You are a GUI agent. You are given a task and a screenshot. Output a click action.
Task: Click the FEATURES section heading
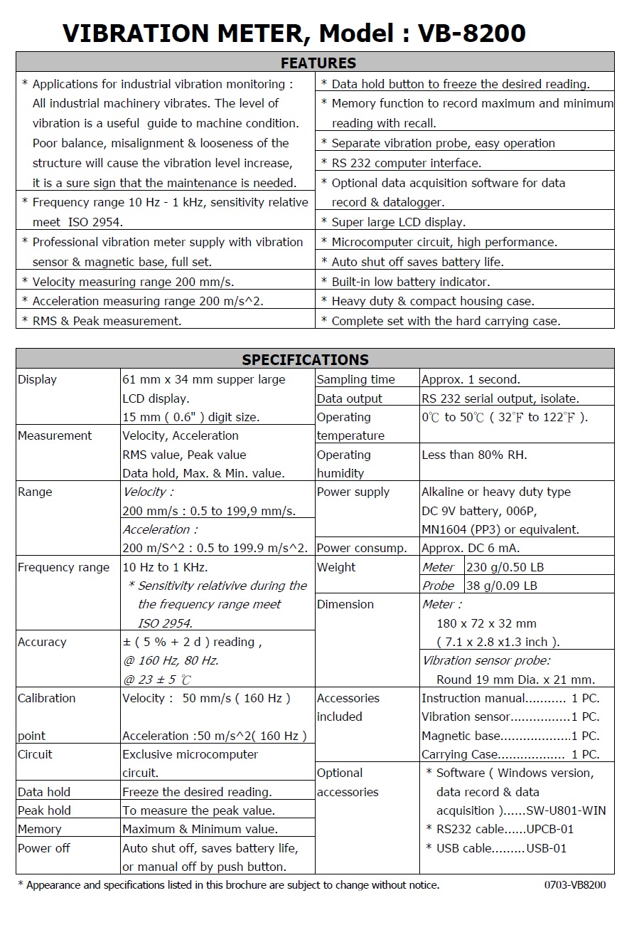tap(318, 63)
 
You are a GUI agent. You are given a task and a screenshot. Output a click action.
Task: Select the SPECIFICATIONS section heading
tap(305, 359)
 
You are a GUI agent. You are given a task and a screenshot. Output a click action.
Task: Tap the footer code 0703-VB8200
tap(575, 885)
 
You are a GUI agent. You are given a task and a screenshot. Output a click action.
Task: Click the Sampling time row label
tap(355, 379)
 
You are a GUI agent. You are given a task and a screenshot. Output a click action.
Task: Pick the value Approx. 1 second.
tap(470, 379)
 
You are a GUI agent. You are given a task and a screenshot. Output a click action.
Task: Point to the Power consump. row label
tap(362, 548)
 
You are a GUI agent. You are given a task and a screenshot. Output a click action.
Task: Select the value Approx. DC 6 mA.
tap(470, 548)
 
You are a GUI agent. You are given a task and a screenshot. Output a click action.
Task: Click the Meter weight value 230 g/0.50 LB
tap(505, 567)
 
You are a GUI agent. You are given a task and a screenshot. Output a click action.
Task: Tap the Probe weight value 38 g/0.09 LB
tap(502, 586)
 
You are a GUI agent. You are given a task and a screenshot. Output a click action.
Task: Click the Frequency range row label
tap(63, 567)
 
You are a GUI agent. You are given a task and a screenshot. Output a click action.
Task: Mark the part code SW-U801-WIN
tap(566, 810)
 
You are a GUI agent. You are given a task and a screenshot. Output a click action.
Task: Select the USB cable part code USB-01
tap(547, 848)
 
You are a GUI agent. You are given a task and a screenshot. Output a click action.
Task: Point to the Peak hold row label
tap(44, 810)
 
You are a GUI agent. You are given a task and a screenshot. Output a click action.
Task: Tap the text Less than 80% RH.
tap(474, 455)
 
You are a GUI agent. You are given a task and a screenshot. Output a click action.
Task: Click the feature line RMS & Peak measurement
tap(107, 321)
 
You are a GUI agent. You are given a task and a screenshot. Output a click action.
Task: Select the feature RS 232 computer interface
tap(406, 163)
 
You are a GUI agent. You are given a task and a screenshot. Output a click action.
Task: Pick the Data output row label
tap(349, 398)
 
